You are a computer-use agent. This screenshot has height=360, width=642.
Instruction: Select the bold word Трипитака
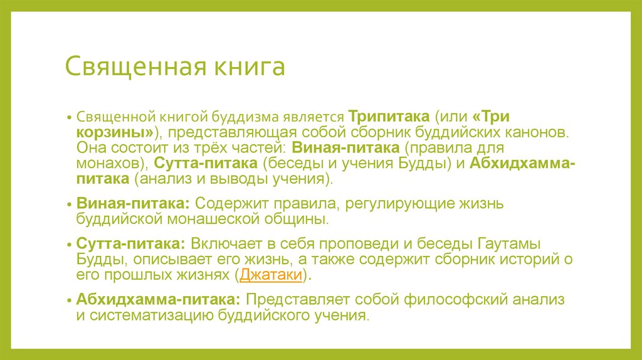[x=389, y=117]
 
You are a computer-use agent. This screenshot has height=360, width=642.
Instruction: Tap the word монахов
[x=110, y=164]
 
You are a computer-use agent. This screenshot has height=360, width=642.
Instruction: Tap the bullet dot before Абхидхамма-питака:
[x=70, y=300]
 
